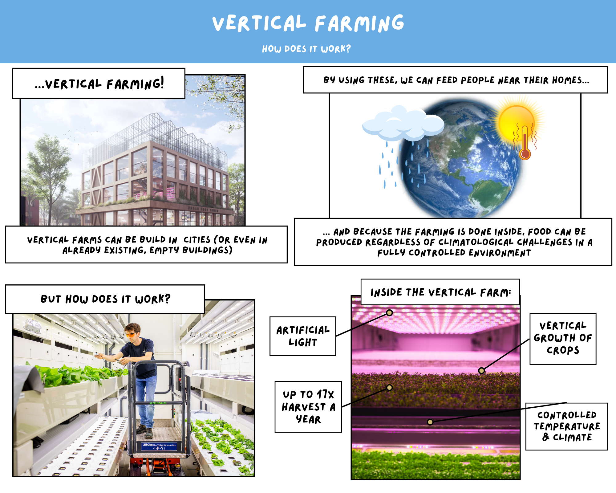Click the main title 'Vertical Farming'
point(308,23)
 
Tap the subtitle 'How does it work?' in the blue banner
point(306,49)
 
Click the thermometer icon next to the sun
point(525,142)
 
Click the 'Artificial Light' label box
point(303,336)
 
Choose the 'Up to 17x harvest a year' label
point(308,407)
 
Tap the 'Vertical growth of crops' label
point(563,339)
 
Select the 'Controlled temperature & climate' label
point(567,426)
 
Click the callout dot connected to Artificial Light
point(390,313)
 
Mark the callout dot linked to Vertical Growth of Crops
point(482,371)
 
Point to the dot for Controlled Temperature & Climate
point(430,422)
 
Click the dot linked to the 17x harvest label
point(390,387)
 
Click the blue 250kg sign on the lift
point(159,446)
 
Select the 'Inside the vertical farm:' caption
point(440,292)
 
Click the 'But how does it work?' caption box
point(105,299)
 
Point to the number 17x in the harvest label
point(325,394)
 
